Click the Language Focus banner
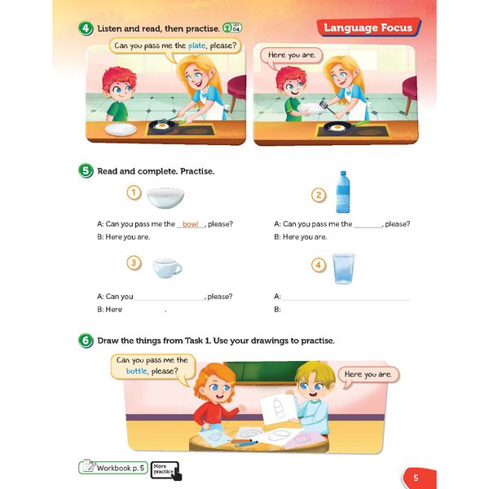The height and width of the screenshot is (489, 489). pos(368,28)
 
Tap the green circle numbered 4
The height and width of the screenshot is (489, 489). pos(86,29)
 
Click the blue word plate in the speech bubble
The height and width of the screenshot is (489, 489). pos(196,46)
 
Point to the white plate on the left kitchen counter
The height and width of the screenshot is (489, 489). pos(121,129)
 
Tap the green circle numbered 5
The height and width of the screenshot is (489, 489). pos(86,171)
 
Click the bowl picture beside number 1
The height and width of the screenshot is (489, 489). pos(165,198)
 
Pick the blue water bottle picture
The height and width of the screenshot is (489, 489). pos(343,192)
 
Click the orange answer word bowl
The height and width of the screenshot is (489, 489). pos(190,224)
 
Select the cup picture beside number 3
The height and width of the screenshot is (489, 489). pos(167,268)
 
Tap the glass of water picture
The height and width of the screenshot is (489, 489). pos(343,268)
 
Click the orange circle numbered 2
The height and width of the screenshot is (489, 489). pos(319,196)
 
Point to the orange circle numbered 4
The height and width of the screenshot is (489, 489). pos(319,266)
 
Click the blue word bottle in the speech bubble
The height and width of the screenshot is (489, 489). pos(137,371)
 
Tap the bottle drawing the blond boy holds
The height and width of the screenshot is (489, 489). pos(279,408)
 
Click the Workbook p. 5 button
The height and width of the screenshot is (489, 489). pos(113,468)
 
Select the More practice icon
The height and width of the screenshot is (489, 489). pos(165,470)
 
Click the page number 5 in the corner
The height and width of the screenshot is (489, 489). pos(416,478)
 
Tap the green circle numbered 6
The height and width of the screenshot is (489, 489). pos(86,341)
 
